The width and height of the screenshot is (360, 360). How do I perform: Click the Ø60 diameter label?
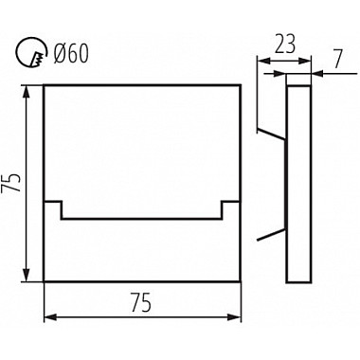pyautogui.click(x=71, y=53)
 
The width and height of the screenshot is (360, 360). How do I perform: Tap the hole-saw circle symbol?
pyautogui.click(x=31, y=53)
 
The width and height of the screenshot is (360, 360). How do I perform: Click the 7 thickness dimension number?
pyautogui.click(x=337, y=59)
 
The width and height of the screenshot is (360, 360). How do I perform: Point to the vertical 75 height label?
pyautogui.click(x=11, y=183)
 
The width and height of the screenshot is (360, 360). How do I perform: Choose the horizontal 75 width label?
pyautogui.click(x=141, y=302)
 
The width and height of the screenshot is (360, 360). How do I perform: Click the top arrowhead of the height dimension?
pyautogui.click(x=27, y=92)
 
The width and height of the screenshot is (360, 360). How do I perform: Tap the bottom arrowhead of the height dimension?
pyautogui.click(x=27, y=275)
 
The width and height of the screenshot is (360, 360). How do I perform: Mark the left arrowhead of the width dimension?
pyautogui.click(x=51, y=317)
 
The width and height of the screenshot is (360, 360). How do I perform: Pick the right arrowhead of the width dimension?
pyautogui.click(x=234, y=317)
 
